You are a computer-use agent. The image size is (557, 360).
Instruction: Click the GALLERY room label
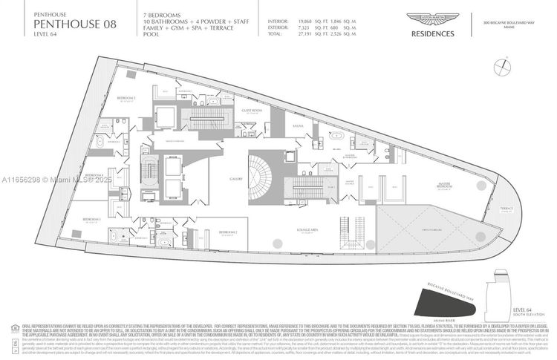click(237, 180)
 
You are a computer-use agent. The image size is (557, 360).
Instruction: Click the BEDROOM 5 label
click(126, 98)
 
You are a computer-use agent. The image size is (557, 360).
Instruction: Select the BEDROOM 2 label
click(228, 232)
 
